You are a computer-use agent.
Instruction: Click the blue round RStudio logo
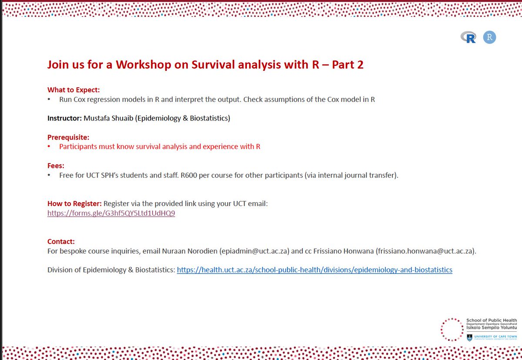[489, 37]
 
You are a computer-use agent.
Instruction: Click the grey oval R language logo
[469, 38]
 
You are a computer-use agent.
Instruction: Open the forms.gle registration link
[111, 213]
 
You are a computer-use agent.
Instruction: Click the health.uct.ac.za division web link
[315, 270]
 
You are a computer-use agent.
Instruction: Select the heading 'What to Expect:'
[74, 90]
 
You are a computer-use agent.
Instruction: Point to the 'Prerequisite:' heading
[68, 137]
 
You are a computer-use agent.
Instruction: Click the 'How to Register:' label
[74, 203]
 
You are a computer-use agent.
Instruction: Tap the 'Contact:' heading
[61, 241]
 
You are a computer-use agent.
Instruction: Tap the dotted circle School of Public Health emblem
[452, 330]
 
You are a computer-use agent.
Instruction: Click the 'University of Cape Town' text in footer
[496, 337]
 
